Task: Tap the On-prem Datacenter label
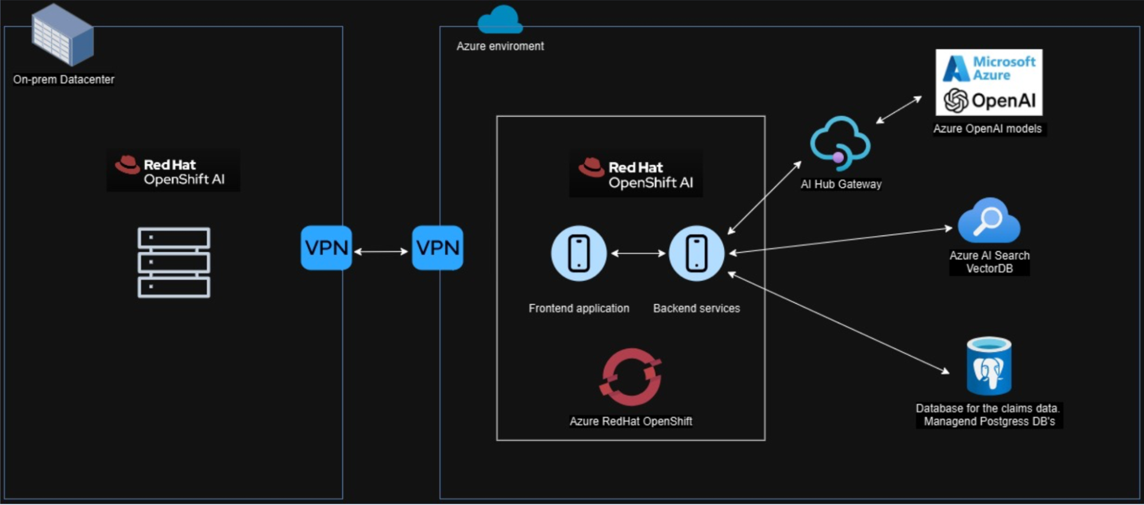(64, 79)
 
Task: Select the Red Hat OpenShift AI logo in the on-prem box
(173, 171)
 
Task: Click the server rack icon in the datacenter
(174, 263)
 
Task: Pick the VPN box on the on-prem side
(326, 248)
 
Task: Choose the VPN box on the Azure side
(438, 248)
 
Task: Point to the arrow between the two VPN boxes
(381, 251)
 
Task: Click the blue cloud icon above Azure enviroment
(500, 20)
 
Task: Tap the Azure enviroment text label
(500, 46)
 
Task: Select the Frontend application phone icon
(579, 253)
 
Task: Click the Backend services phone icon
(696, 253)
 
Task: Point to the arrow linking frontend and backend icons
(638, 253)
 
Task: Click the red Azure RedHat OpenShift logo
(631, 377)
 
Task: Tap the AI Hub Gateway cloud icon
(840, 144)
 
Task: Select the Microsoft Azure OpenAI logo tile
(989, 82)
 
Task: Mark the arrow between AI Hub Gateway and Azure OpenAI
(899, 110)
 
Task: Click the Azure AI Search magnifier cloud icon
(989, 221)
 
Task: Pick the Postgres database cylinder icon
(989, 366)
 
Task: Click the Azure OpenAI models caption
(987, 129)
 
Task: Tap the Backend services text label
(696, 308)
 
